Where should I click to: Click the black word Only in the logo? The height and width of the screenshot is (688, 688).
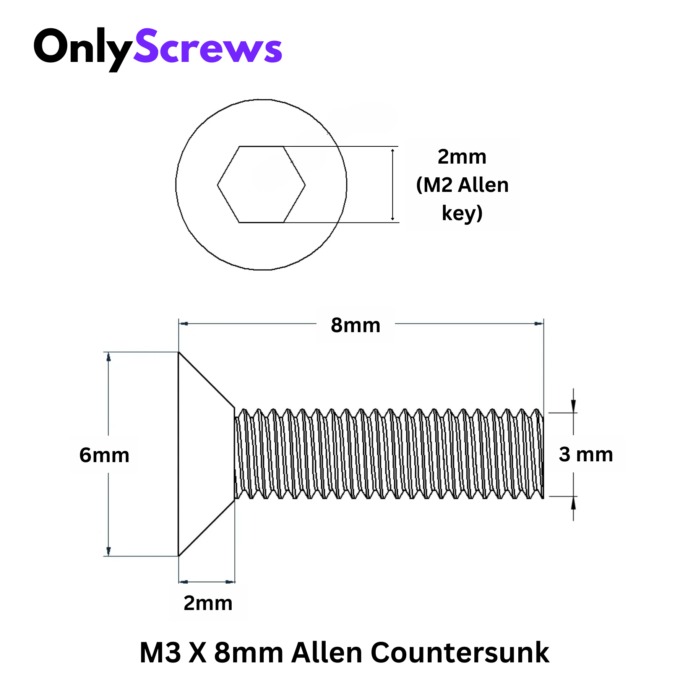pyautogui.click(x=82, y=48)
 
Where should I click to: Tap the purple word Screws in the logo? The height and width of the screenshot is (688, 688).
pyautogui.click(x=208, y=48)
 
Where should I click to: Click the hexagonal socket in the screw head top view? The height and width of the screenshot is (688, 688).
pyautogui.click(x=261, y=185)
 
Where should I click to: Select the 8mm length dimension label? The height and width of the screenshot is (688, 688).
pyautogui.click(x=355, y=325)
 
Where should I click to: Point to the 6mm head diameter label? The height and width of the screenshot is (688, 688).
pyautogui.click(x=104, y=455)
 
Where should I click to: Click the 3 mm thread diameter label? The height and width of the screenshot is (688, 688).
pyautogui.click(x=586, y=454)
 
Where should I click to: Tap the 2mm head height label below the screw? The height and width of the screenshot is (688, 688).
pyautogui.click(x=208, y=603)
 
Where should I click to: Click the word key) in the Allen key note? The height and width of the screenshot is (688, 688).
pyautogui.click(x=462, y=213)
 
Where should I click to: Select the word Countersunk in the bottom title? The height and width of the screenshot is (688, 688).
pyautogui.click(x=460, y=652)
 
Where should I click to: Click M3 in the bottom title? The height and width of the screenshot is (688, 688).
pyautogui.click(x=160, y=652)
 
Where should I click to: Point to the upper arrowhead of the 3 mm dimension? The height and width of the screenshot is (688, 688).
pyautogui.click(x=573, y=406)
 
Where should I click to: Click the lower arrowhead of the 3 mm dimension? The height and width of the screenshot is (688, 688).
pyautogui.click(x=573, y=503)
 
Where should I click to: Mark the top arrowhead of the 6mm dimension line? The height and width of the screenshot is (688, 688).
pyautogui.click(x=109, y=357)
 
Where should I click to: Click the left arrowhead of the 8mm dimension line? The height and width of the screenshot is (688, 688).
pyautogui.click(x=184, y=324)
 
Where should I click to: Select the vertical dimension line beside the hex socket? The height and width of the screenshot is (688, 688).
pyautogui.click(x=393, y=185)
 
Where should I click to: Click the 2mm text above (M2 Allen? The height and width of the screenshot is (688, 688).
pyautogui.click(x=462, y=157)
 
